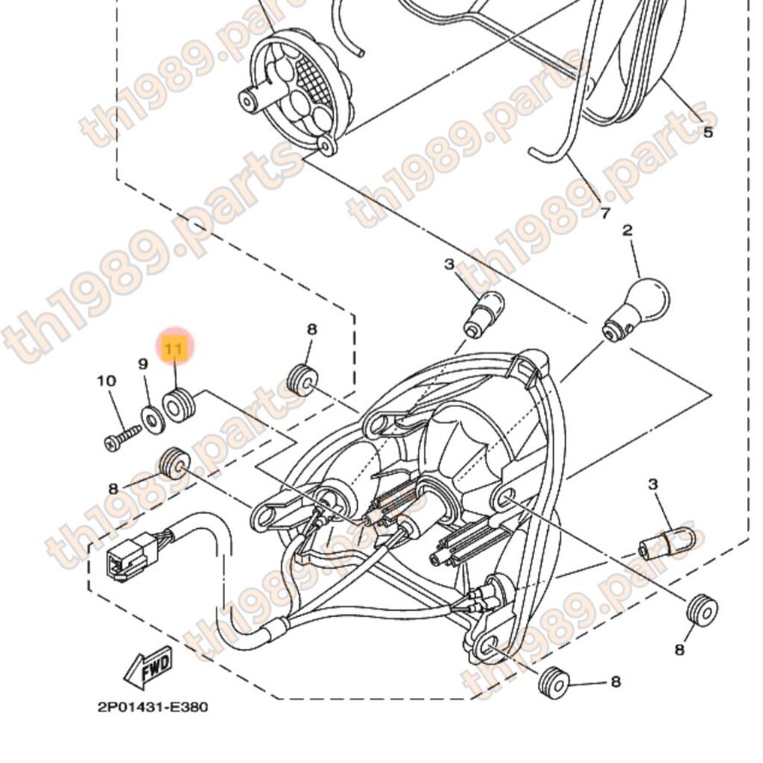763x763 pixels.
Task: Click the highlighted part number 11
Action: tap(174, 349)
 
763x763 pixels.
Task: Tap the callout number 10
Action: tap(107, 381)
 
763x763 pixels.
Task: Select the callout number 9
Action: tap(143, 364)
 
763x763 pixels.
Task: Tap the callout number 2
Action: tap(627, 230)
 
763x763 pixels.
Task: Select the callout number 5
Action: tap(707, 133)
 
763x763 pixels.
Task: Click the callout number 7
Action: tap(605, 214)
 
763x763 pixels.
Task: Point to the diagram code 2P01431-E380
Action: tap(153, 707)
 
